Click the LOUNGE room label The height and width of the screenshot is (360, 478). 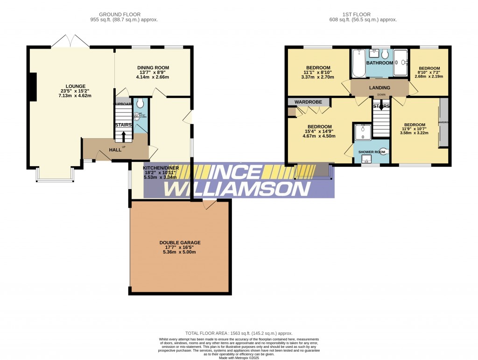pos(75,86)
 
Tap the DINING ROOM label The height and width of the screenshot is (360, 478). pos(153,68)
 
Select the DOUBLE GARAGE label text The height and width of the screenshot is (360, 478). pos(180,243)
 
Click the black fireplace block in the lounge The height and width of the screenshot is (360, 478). pos(32,87)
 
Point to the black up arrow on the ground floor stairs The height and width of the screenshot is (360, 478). pos(123,136)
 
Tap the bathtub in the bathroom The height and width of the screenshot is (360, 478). pos(358,64)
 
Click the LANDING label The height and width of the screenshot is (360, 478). pos(380,87)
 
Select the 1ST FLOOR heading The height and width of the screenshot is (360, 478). pos(363,14)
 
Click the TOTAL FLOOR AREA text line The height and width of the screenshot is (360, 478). pos(239,333)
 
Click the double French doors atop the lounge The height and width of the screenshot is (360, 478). pos(70,42)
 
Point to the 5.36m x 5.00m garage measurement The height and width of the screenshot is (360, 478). pos(180,252)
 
